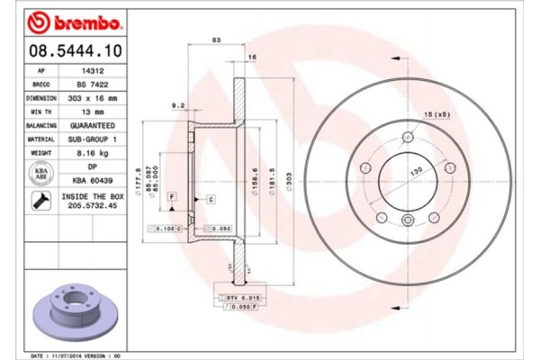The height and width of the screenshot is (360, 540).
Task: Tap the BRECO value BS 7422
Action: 88,82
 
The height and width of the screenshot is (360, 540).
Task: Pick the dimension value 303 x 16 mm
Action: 88,96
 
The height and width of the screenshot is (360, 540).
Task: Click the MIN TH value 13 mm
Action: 88,111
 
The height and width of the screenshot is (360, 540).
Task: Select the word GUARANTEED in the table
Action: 88,125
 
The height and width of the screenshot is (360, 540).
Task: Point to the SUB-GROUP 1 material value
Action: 88,139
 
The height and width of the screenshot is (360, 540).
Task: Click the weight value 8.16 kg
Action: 88,154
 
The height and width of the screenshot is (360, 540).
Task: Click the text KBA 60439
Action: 88,181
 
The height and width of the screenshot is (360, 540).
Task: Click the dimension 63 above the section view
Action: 216,40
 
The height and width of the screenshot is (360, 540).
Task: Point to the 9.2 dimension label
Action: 180,105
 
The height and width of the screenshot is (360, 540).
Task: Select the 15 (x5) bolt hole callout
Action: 437,115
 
